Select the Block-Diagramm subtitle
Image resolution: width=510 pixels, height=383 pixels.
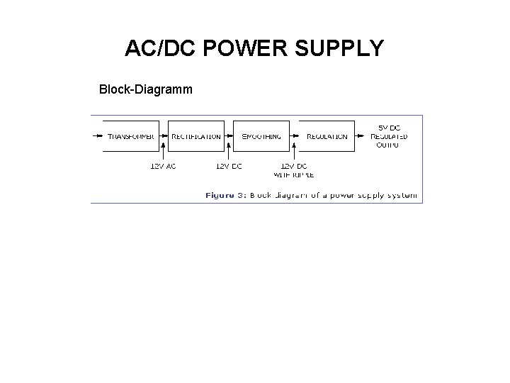[x=146, y=90]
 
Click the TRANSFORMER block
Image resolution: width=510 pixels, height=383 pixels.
[x=130, y=136]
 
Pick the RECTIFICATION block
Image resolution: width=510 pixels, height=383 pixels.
[x=196, y=136]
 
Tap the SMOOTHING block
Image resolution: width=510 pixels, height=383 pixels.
[x=261, y=136]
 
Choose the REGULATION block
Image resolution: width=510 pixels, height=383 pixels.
[x=327, y=136]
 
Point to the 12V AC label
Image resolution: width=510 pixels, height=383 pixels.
[x=163, y=166]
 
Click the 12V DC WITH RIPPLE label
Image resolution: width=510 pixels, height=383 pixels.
[x=294, y=170]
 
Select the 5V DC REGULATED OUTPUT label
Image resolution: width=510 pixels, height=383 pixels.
[x=389, y=136]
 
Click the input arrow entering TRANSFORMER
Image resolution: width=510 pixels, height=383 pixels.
[x=98, y=135]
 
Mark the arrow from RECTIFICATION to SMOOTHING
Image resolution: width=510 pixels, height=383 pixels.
[x=229, y=135]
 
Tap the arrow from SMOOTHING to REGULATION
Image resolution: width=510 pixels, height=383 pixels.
[x=294, y=135]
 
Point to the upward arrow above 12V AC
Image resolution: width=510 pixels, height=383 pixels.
[x=164, y=148]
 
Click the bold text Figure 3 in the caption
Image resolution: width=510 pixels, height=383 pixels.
[x=225, y=194]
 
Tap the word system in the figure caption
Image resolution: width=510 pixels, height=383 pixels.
[x=401, y=194]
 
